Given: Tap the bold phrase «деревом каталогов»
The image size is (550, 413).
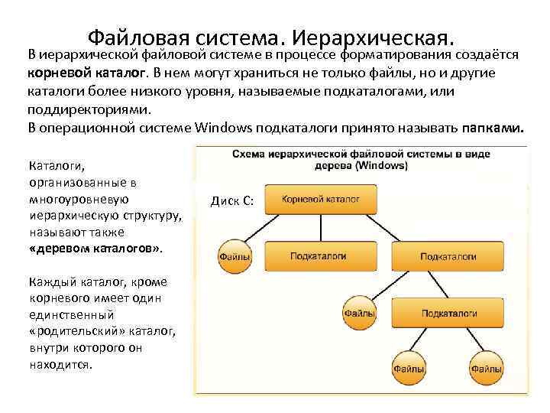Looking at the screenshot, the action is (x=95, y=249).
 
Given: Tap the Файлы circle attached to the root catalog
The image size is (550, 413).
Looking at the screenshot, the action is (x=235, y=258).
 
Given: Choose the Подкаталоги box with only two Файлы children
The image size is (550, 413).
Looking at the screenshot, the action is (x=449, y=314).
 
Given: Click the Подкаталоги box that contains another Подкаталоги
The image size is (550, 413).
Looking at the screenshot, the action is (x=448, y=256).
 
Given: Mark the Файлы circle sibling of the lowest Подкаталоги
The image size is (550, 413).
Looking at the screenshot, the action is (x=358, y=314).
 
